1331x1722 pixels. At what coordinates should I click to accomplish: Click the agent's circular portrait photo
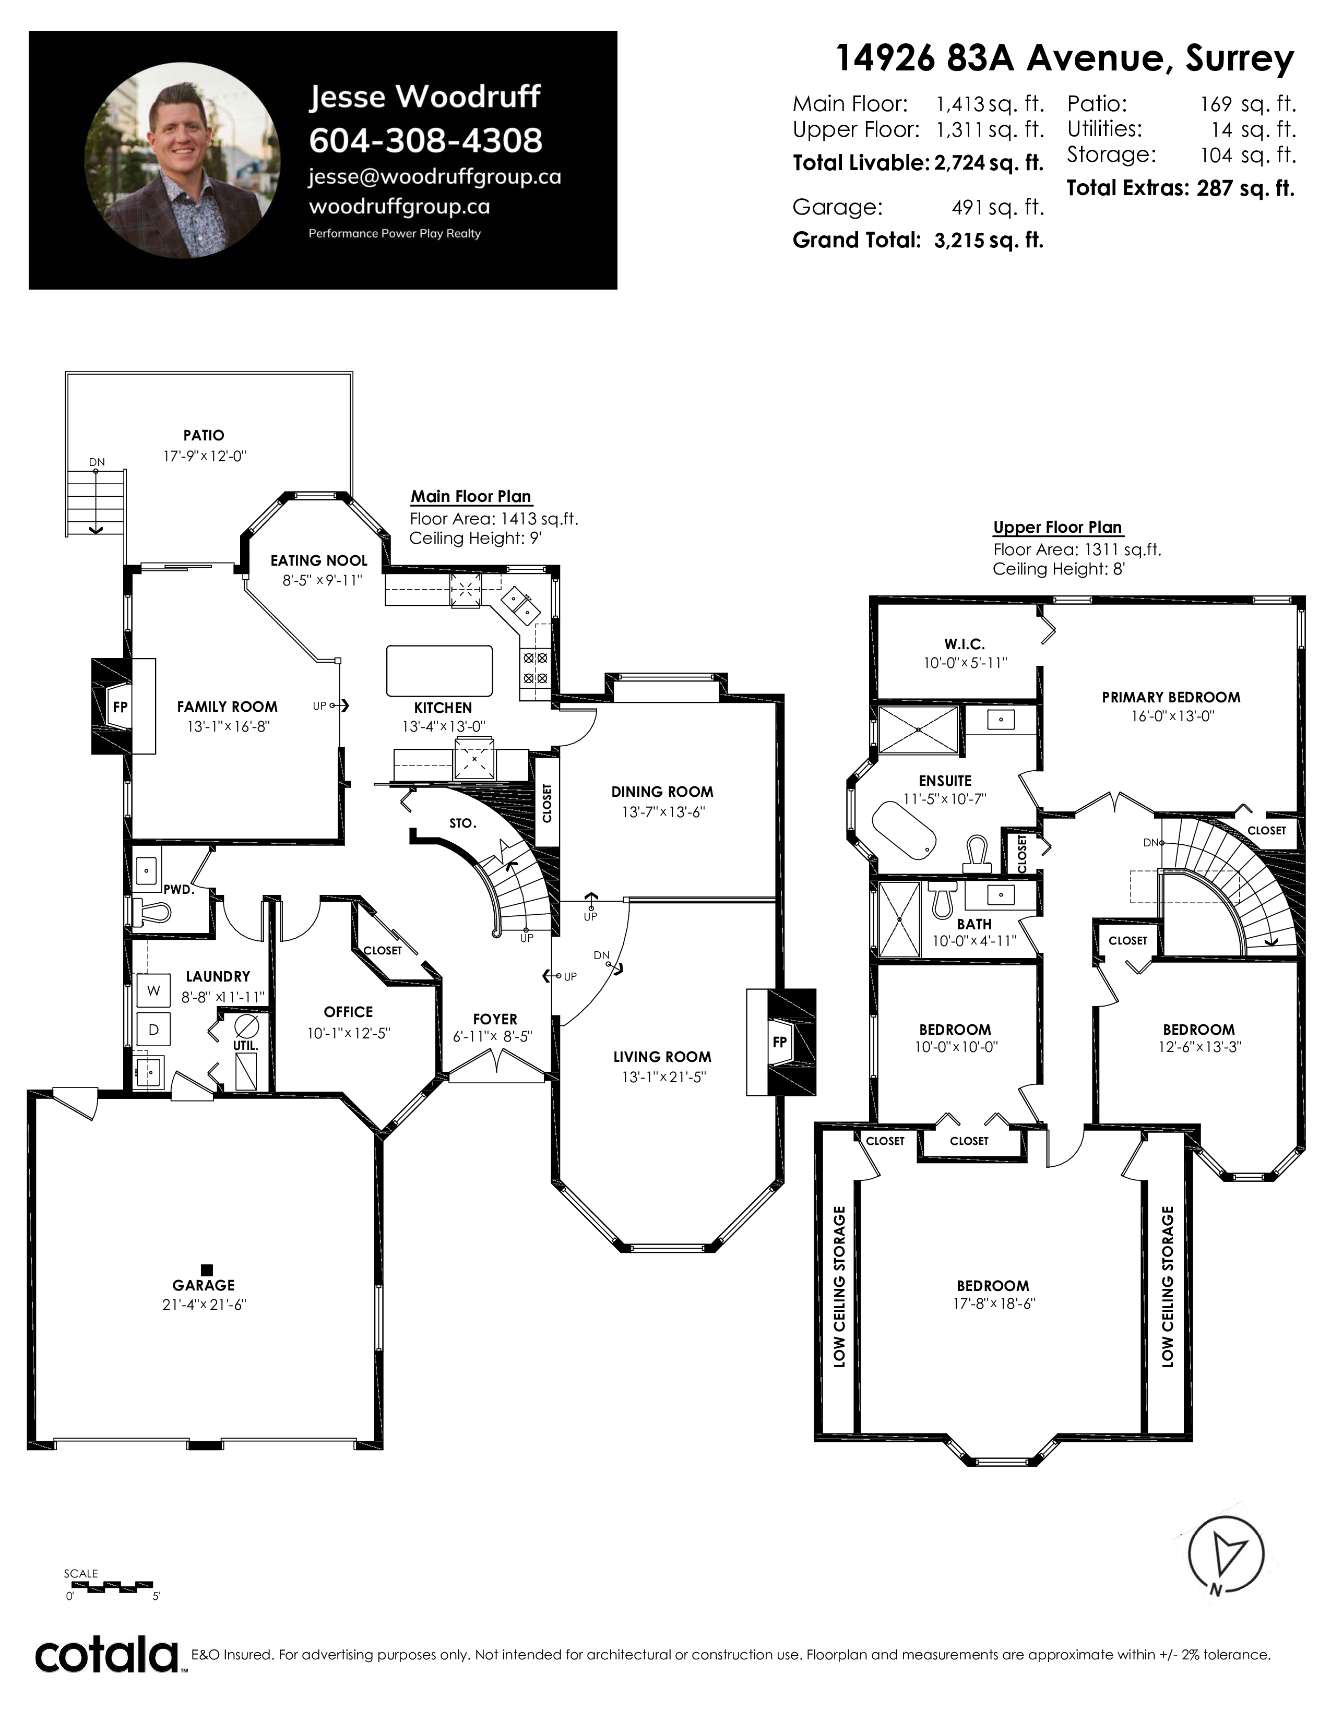coord(182,160)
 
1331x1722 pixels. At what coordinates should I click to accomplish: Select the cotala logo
coord(107,1656)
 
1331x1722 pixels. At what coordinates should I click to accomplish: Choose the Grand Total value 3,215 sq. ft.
coord(989,241)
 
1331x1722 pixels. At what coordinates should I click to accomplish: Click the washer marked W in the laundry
coord(154,991)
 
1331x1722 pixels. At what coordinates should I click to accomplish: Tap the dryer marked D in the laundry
coord(154,1030)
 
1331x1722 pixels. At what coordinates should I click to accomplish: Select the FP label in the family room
coord(120,707)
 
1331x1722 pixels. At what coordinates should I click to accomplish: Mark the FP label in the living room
coord(779,1042)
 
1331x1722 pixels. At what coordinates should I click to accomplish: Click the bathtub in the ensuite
coord(904,831)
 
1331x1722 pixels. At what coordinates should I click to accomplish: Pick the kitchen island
coord(439,671)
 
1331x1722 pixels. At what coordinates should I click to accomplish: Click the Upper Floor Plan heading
coord(1057,528)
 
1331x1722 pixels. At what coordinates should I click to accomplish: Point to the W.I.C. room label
coord(965,644)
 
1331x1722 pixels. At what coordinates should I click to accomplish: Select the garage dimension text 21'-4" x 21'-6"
coord(204,1304)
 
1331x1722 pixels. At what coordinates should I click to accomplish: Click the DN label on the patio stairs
coord(96,462)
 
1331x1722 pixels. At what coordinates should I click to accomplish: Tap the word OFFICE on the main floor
coord(349,1012)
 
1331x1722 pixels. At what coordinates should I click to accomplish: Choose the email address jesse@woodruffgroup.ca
coord(434,176)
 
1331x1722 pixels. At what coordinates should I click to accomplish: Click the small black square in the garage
coord(207,1270)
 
